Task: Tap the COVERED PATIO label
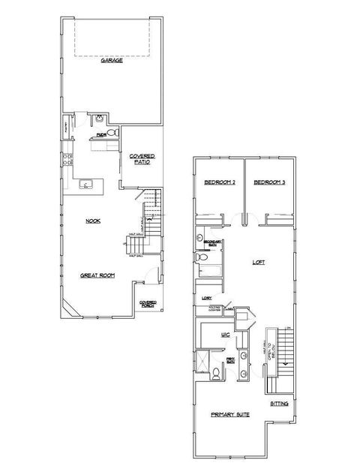pyautogui.click(x=141, y=159)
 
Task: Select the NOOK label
pyautogui.click(x=93, y=221)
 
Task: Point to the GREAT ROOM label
pyautogui.click(x=98, y=275)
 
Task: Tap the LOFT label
pyautogui.click(x=259, y=262)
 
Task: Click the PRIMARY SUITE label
pyautogui.click(x=231, y=414)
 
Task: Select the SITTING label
pyautogui.click(x=279, y=402)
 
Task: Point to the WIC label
pyautogui.click(x=224, y=335)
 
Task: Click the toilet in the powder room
pyautogui.click(x=112, y=132)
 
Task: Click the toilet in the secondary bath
pyautogui.click(x=200, y=257)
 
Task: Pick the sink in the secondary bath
pyautogui.click(x=200, y=239)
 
